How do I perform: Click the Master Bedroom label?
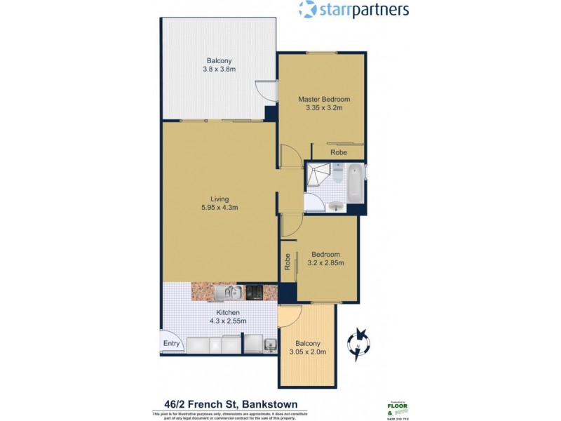click(x=323, y=99)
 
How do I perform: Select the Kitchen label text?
click(x=228, y=313)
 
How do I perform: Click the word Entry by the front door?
click(x=172, y=344)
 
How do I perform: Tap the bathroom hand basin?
click(x=336, y=206)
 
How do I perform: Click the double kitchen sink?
click(x=229, y=292)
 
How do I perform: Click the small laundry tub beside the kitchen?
click(x=269, y=344)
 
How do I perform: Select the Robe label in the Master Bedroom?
click(x=339, y=152)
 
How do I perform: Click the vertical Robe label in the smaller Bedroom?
click(x=288, y=262)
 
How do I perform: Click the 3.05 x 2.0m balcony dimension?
click(x=308, y=352)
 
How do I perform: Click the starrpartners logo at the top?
click(x=353, y=10)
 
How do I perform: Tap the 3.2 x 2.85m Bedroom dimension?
click(x=326, y=263)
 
